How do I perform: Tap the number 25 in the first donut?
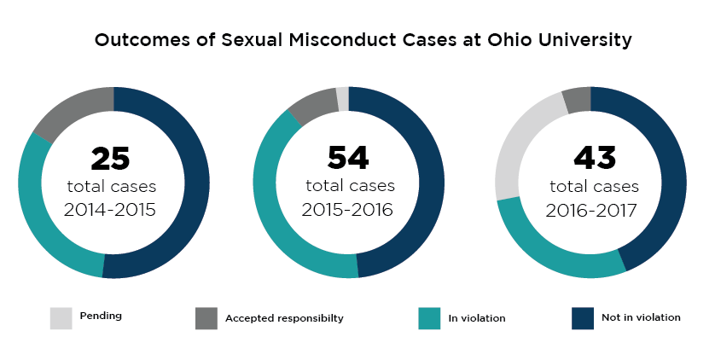tap(110, 159)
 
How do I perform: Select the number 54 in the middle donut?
tap(348, 158)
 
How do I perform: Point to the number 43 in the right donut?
tap(593, 159)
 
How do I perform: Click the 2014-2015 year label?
tap(112, 210)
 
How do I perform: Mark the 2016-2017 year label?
tap(593, 210)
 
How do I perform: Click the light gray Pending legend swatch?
tap(60, 317)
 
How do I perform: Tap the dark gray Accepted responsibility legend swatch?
tap(206, 317)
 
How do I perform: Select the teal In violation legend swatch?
tap(429, 317)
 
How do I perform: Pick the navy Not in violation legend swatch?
tap(581, 317)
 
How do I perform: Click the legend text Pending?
tap(101, 316)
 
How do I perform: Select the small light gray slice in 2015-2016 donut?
tap(343, 98)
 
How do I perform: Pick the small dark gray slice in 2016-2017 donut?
tap(577, 99)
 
